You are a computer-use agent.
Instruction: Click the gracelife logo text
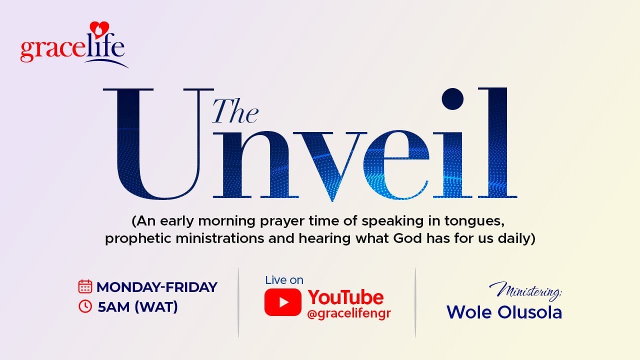(72, 49)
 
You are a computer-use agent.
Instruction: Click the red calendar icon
(85, 286)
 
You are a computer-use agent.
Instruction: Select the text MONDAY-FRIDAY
(157, 287)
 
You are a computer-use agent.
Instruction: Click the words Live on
(284, 280)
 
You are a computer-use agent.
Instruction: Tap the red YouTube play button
(282, 302)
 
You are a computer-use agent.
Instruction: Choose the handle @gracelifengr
(349, 314)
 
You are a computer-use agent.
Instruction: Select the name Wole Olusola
(504, 312)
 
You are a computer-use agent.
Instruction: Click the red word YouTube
(345, 297)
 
